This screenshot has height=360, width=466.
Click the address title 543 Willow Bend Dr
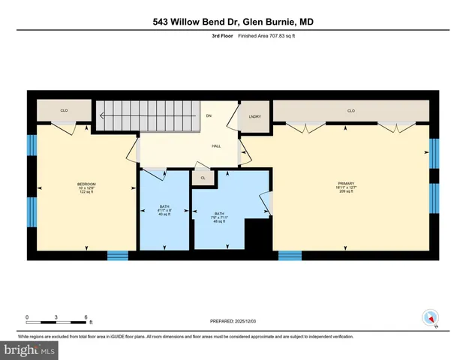click(x=233, y=22)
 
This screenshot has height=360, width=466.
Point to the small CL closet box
click(x=203, y=178)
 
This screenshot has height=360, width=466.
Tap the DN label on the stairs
click(x=210, y=116)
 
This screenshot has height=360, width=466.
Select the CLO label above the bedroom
click(x=65, y=111)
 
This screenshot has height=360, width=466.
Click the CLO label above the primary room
click(x=350, y=111)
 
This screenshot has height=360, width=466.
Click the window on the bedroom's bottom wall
click(x=118, y=256)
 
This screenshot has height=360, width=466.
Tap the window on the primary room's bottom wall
click(x=290, y=256)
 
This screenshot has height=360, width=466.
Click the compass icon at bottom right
click(x=430, y=317)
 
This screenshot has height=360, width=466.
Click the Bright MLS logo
click(x=30, y=349)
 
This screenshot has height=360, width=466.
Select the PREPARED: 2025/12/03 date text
click(x=233, y=321)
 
